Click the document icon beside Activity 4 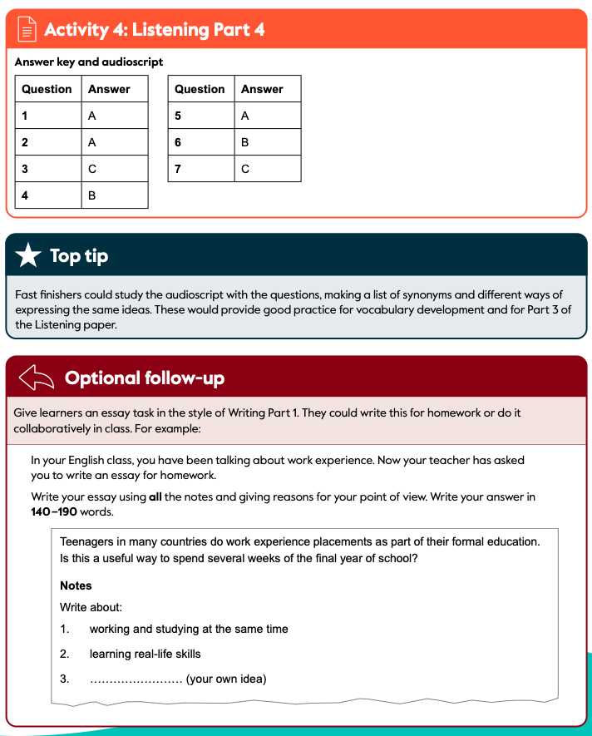click(27, 30)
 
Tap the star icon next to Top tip click(28, 255)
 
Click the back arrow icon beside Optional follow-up click(36, 378)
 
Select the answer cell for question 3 click(115, 169)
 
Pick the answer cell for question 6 click(268, 142)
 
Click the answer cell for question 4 click(115, 195)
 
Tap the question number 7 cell click(201, 169)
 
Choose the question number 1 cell click(48, 116)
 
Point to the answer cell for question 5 click(268, 116)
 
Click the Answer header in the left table click(109, 89)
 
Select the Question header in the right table click(200, 89)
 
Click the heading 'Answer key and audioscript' click(89, 62)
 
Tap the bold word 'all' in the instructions click(155, 497)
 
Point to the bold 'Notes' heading click(76, 585)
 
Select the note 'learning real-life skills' click(145, 654)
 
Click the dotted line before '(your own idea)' click(136, 679)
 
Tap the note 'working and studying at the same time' click(189, 629)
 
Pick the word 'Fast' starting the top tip click(27, 294)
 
